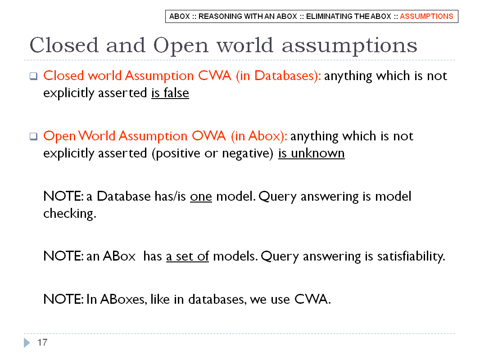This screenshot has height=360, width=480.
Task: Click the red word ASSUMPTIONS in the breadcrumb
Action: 426,16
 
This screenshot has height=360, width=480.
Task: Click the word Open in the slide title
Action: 181,45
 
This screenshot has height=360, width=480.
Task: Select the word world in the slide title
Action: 245,45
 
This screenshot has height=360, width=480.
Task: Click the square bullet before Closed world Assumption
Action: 33,76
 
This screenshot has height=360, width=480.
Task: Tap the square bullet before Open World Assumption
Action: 33,136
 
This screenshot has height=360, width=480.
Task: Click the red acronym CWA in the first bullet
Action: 215,76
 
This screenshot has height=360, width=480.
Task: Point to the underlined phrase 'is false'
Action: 170,93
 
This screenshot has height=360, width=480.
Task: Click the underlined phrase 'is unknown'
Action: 311,153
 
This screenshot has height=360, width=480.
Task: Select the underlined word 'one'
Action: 201,196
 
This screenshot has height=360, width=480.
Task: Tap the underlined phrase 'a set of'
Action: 187,256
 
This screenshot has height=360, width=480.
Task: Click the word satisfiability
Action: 411,256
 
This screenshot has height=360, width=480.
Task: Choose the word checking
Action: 70,213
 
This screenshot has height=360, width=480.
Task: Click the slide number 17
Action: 42,342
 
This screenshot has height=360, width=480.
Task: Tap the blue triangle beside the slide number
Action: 27,342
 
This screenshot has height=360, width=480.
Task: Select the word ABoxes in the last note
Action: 122,299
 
